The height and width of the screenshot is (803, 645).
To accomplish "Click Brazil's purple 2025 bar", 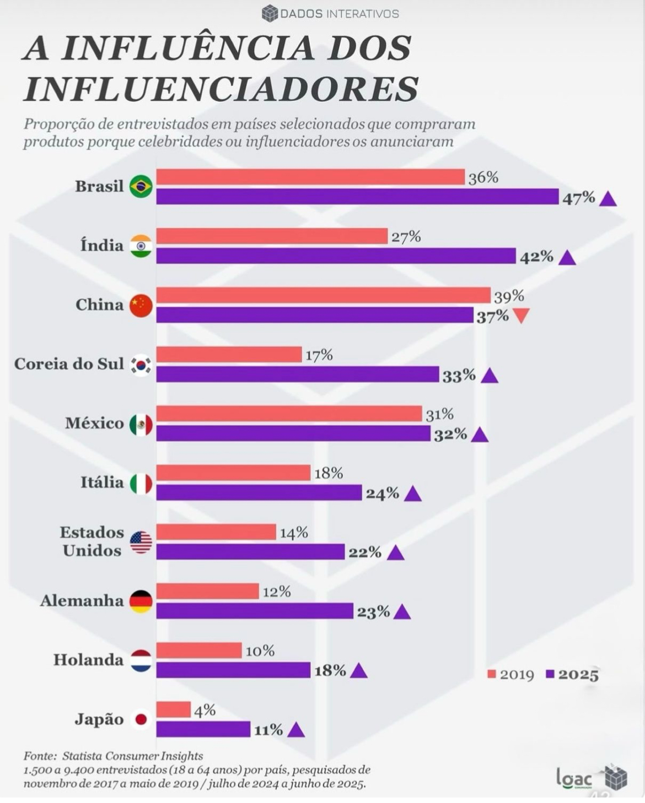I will (x=357, y=197).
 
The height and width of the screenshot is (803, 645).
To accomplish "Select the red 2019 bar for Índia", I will (x=272, y=236).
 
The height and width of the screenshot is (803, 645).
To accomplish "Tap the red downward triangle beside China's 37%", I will (x=521, y=316).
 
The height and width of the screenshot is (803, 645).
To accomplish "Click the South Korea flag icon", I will (x=141, y=365).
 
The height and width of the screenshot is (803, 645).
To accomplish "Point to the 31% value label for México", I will (x=439, y=414).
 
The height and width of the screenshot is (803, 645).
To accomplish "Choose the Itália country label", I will (x=102, y=482).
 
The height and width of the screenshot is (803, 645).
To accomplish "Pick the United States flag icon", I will (x=141, y=542).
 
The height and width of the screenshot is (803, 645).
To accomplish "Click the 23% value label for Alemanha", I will (x=373, y=612).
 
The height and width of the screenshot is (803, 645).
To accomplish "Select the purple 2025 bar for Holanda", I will (x=233, y=670).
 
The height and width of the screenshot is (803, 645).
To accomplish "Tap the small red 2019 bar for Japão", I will (x=173, y=709).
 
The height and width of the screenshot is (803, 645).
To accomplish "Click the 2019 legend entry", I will (x=511, y=675).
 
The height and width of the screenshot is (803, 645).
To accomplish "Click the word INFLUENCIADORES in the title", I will (x=221, y=88).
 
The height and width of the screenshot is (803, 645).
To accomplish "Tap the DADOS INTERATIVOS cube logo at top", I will (x=270, y=13).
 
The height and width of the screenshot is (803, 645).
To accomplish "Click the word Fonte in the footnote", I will (x=40, y=756).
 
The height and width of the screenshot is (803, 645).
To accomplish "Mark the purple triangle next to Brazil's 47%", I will (x=608, y=199).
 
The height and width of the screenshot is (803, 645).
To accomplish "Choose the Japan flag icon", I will (x=141, y=719).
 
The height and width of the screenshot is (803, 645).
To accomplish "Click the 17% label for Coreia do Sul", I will (x=319, y=355).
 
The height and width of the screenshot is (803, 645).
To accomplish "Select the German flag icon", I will (x=141, y=601).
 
